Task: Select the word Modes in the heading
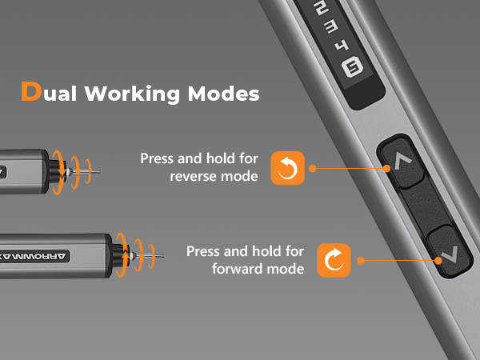(223, 93)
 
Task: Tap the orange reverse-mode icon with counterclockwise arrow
(287, 167)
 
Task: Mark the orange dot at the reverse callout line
(312, 168)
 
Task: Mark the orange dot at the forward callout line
(361, 260)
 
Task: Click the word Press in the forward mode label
(203, 251)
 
